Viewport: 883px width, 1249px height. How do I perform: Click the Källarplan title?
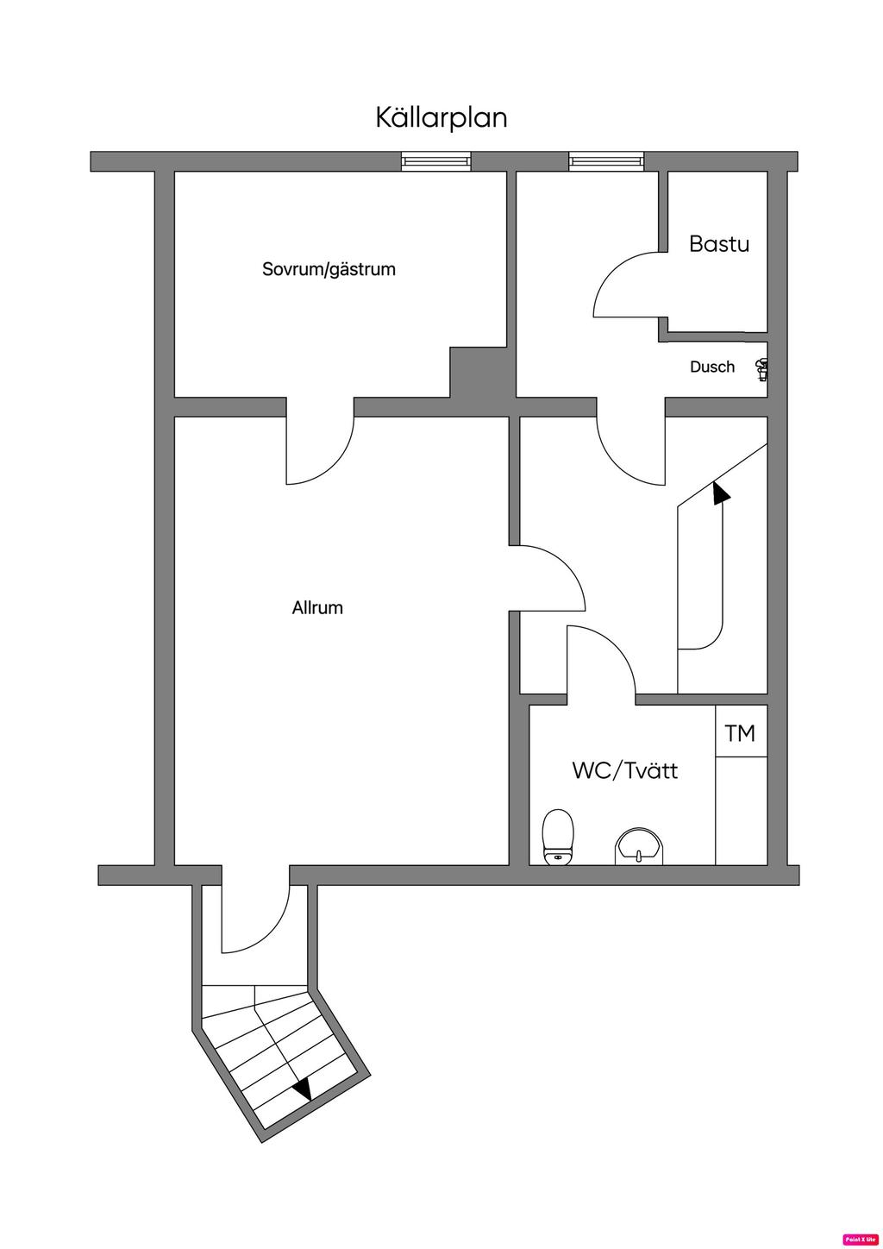tap(441, 117)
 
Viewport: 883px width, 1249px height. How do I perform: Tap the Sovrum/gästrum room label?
tap(329, 269)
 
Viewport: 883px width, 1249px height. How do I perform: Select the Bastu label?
tap(718, 244)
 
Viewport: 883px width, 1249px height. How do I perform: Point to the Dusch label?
tap(712, 367)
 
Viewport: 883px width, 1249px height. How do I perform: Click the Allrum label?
tap(317, 608)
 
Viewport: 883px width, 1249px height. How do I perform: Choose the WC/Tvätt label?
tap(624, 770)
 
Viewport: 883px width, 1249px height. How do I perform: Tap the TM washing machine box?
tap(740, 732)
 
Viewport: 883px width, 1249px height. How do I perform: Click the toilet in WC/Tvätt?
tap(558, 836)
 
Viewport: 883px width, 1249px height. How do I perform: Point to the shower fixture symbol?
tap(761, 370)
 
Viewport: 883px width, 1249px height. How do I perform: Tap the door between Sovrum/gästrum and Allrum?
tap(320, 444)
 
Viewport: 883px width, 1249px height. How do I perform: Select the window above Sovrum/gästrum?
tap(436, 160)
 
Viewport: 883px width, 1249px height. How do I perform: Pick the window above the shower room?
tap(605, 160)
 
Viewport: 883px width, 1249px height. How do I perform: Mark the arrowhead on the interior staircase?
tap(720, 493)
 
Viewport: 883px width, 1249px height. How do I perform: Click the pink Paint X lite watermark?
tap(860, 1239)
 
